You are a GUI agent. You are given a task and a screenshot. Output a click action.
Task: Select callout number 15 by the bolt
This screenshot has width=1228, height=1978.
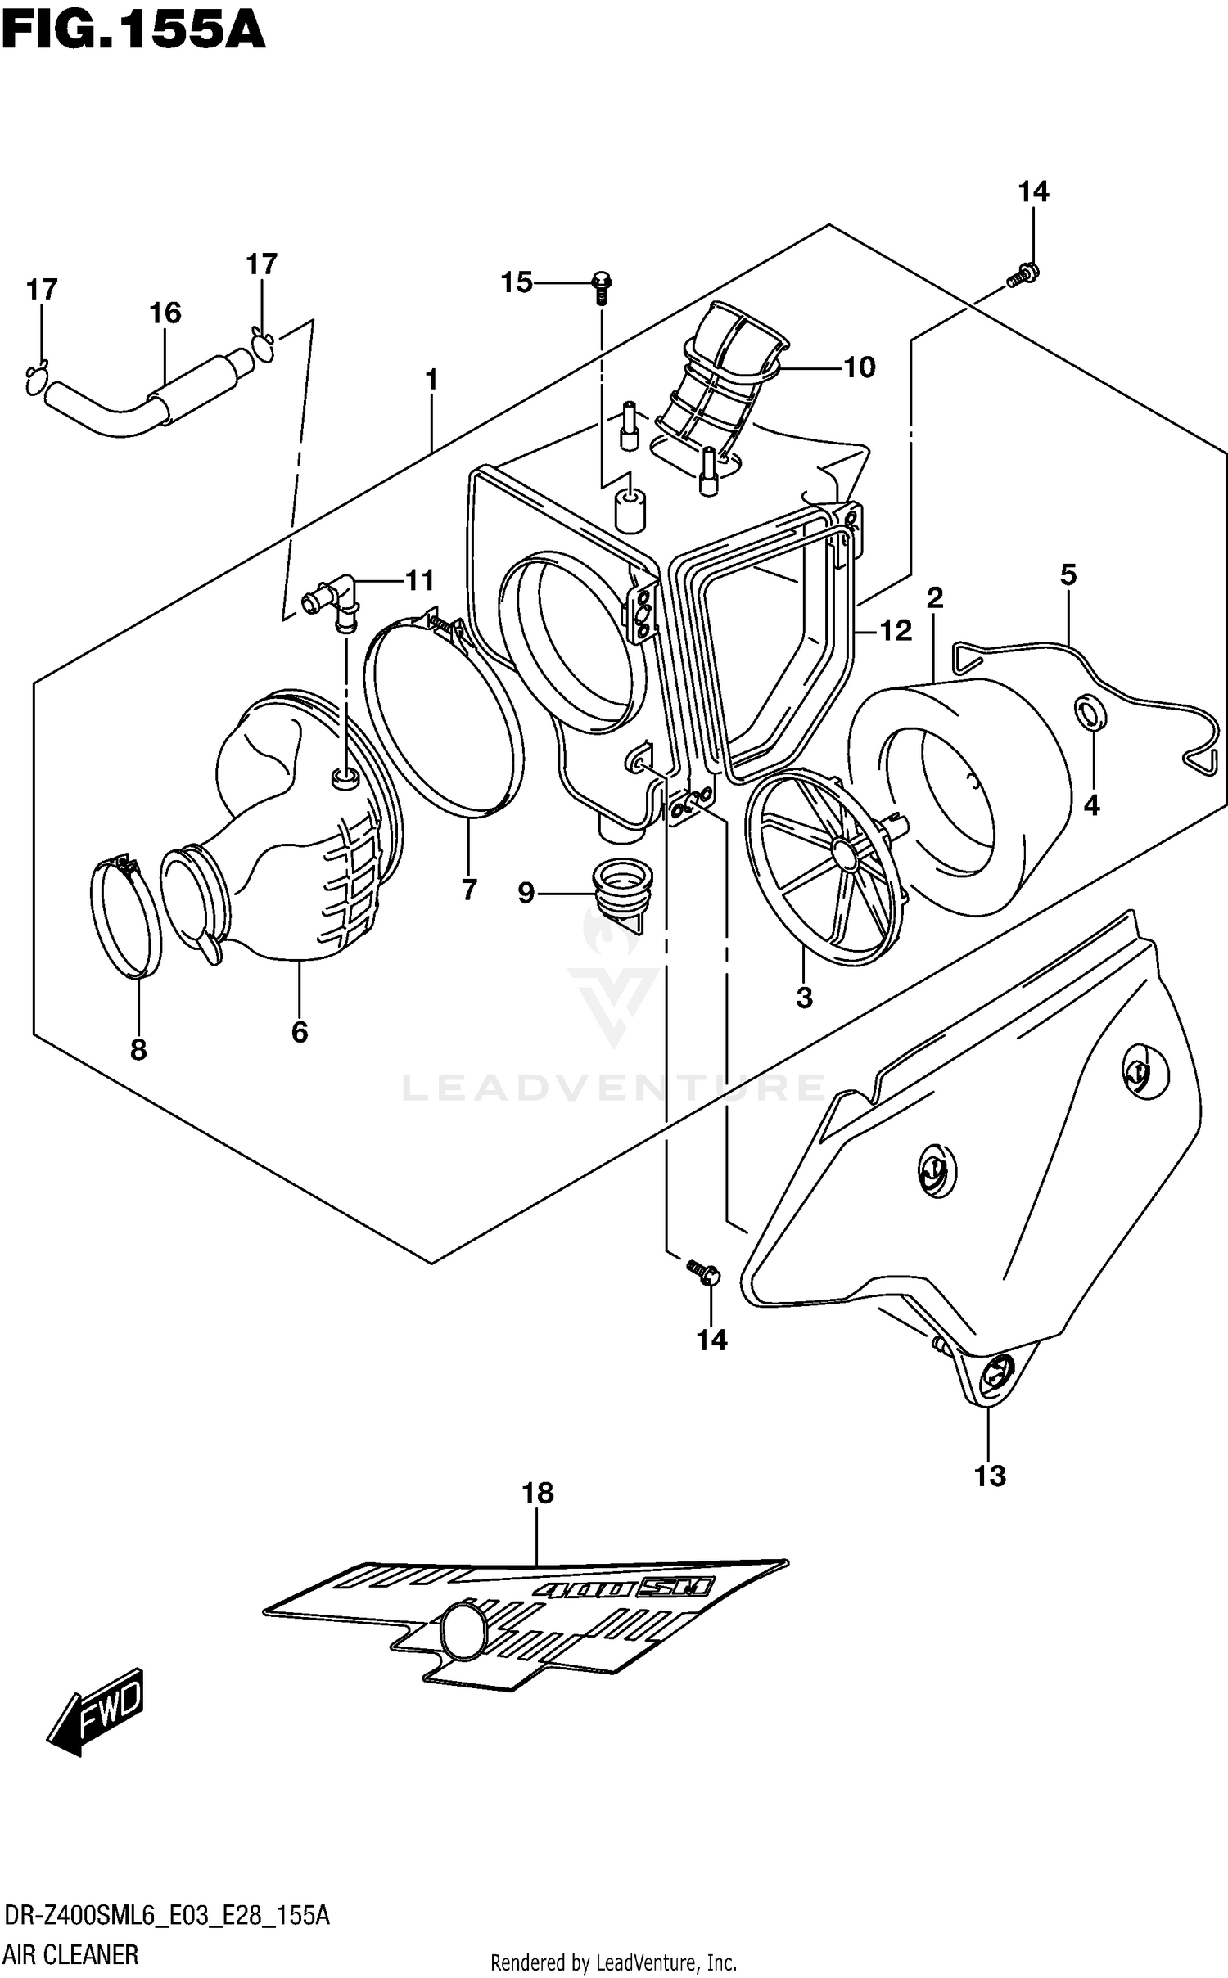click(517, 282)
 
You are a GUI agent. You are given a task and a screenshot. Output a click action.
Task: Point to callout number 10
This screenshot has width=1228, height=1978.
click(859, 367)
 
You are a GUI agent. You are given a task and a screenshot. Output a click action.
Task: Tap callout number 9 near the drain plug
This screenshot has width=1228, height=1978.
click(526, 892)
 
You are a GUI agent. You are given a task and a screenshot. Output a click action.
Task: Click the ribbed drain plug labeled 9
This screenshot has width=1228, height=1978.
click(619, 889)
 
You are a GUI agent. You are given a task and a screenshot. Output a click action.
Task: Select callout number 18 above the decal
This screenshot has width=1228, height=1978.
click(538, 1493)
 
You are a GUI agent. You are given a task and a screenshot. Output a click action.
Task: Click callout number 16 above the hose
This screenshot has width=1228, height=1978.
click(165, 313)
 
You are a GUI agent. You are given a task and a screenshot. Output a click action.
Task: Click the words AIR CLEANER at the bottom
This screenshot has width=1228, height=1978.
click(71, 1954)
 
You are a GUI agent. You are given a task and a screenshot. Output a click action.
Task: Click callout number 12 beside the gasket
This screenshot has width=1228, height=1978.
click(895, 630)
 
